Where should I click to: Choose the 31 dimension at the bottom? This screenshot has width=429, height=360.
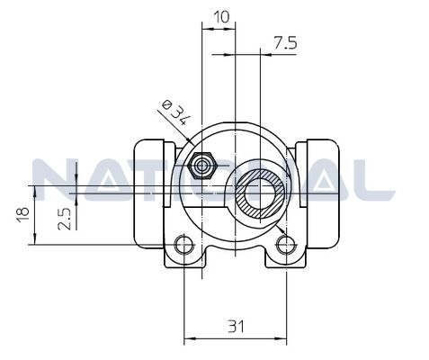click(236, 327)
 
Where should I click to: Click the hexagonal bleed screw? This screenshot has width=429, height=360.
click(202, 166)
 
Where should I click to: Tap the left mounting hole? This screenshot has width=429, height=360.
click(184, 245)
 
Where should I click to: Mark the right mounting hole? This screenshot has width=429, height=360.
click(286, 245)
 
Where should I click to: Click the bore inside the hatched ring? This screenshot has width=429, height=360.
click(260, 191)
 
